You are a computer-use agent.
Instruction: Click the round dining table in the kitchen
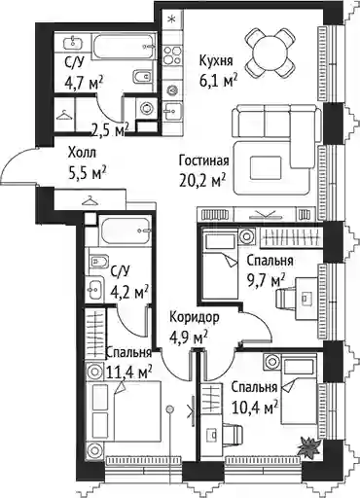point(270,53)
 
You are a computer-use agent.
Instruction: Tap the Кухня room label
point(216,60)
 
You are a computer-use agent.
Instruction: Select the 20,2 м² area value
point(202,180)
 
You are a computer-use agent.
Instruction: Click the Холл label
point(82,153)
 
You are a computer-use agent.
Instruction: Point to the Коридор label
point(195,317)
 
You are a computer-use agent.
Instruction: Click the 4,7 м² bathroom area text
point(85,84)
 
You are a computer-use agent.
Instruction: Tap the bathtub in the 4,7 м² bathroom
point(124,47)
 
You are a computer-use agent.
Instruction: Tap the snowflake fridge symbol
point(172,19)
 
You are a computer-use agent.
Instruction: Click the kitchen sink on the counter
point(172,112)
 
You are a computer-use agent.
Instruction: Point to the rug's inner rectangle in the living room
point(265,167)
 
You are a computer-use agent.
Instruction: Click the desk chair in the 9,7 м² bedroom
point(284,298)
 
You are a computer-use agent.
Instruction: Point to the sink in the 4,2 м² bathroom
point(94,288)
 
